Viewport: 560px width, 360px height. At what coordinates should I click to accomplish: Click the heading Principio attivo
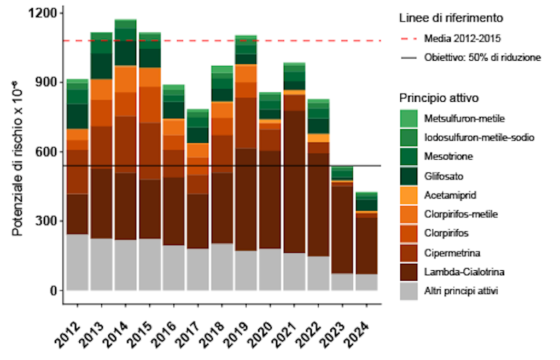click(x=440, y=98)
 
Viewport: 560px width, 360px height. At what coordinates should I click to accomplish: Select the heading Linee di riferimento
click(x=451, y=18)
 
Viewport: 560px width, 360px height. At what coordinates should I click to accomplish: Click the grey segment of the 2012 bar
click(x=77, y=262)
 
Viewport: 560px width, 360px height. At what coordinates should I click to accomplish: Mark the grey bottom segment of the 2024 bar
click(x=366, y=282)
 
